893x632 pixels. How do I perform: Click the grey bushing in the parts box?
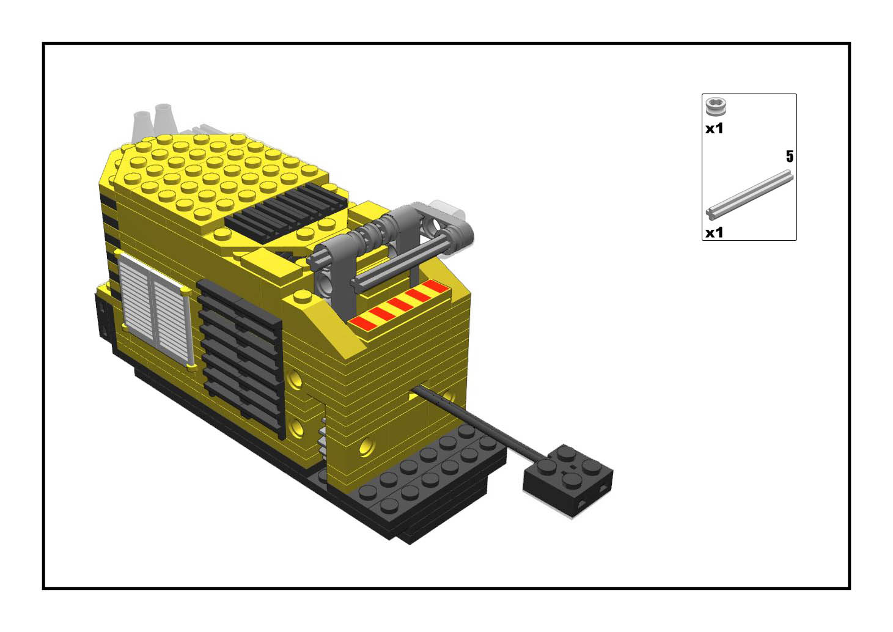(716, 106)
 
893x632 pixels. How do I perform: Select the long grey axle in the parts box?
(749, 195)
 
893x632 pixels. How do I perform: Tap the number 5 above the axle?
(789, 156)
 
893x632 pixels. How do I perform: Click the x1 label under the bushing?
(714, 129)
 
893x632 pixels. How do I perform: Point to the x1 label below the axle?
(714, 232)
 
